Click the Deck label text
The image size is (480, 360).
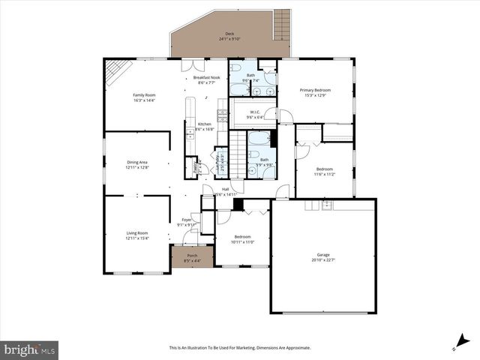[229, 34]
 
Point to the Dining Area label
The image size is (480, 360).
[136, 165]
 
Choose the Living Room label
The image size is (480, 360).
[136, 235]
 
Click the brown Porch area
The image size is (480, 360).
[192, 257]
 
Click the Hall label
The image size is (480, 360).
[225, 191]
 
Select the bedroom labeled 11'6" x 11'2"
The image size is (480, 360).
[325, 171]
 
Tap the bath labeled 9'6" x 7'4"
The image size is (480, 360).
[250, 77]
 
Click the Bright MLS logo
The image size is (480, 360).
[30, 349]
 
